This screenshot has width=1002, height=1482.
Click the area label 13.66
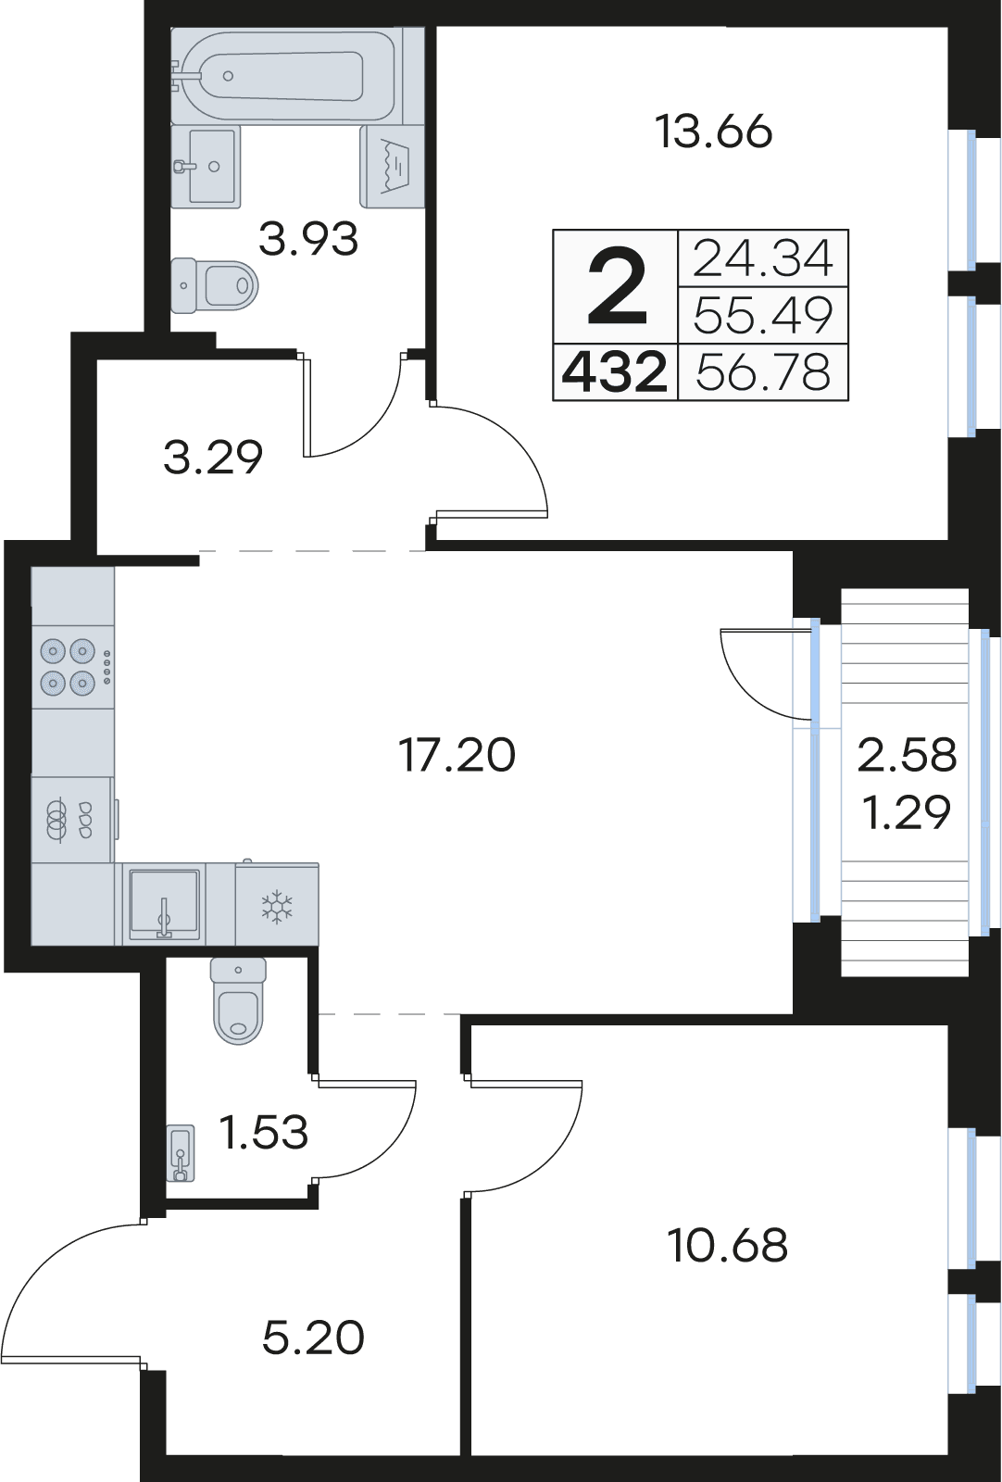click(x=714, y=132)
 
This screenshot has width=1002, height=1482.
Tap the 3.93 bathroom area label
click(x=308, y=239)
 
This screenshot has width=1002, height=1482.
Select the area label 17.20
click(x=457, y=755)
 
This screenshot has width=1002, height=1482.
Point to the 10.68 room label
click(x=728, y=1246)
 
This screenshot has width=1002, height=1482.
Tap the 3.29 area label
click(x=213, y=458)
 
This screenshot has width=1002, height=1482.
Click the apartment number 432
click(x=614, y=372)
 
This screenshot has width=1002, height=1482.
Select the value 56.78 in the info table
click(x=763, y=371)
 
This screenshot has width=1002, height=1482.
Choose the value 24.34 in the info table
click(x=763, y=258)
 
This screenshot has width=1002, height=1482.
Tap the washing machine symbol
click(x=393, y=167)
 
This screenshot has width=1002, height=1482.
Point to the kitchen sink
click(x=164, y=904)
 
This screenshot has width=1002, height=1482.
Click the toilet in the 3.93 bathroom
click(x=214, y=285)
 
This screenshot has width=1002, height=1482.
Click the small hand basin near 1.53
click(x=182, y=1153)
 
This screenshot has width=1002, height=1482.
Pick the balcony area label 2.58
click(x=907, y=755)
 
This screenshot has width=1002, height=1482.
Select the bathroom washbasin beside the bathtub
click(x=206, y=166)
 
